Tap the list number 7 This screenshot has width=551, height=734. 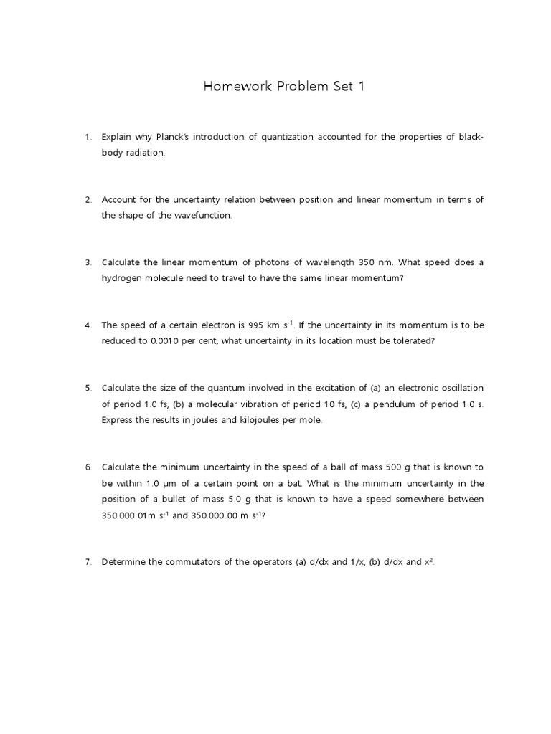click(88, 562)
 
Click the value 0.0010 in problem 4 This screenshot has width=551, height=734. click(168, 341)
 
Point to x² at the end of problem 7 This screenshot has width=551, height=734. click(428, 561)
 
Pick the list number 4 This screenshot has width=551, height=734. click(88, 325)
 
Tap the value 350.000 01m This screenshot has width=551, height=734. click(131, 515)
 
